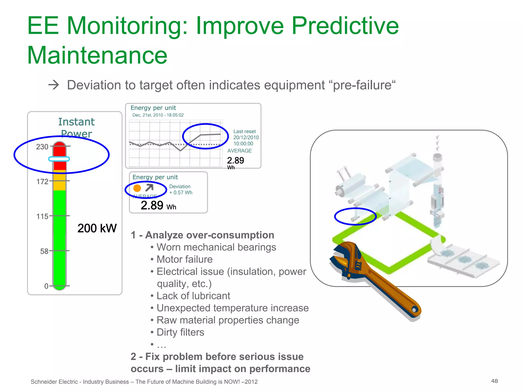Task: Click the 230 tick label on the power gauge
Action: [42, 147]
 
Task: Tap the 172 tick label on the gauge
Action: [42, 182]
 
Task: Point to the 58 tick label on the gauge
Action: [44, 251]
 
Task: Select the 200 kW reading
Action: [97, 228]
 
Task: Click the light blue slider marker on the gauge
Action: [59, 159]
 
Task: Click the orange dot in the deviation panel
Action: [137, 188]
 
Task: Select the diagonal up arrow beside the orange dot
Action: [149, 188]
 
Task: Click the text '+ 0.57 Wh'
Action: [181, 193]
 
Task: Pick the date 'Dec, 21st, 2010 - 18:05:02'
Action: [158, 115]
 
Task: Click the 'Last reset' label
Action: [244, 131]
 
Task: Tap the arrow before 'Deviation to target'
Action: [54, 85]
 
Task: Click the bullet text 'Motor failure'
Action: [185, 259]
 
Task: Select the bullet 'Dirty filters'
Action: [180, 332]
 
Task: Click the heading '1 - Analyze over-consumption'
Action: [202, 235]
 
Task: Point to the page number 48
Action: [494, 381]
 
